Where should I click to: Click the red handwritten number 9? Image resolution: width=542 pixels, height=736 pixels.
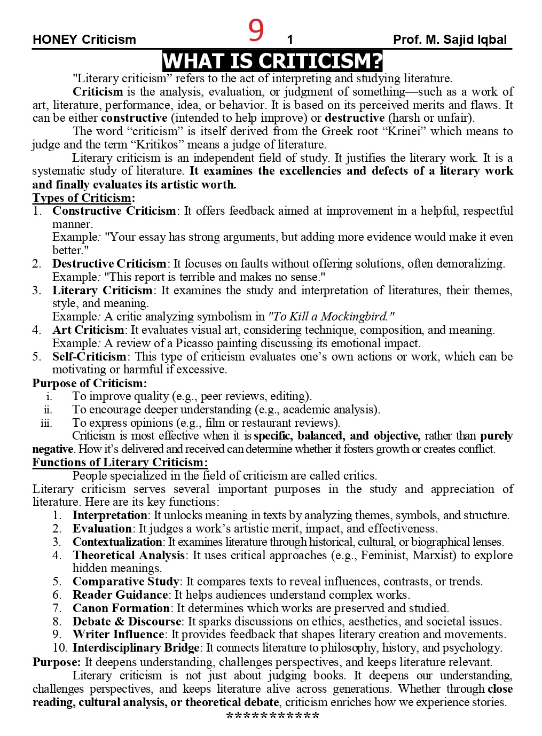(x=256, y=31)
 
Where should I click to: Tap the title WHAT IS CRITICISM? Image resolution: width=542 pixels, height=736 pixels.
(x=272, y=61)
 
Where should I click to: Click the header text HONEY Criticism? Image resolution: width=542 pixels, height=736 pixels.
(x=84, y=40)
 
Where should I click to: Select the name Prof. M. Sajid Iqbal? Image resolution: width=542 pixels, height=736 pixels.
(x=450, y=40)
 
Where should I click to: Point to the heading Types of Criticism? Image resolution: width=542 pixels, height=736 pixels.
(x=83, y=198)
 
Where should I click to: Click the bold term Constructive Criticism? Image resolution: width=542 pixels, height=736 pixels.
(x=114, y=211)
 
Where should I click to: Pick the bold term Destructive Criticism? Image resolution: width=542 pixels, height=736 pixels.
(x=109, y=264)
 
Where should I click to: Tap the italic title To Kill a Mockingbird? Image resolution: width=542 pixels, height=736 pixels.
(x=331, y=316)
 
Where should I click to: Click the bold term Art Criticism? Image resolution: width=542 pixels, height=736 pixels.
(x=88, y=330)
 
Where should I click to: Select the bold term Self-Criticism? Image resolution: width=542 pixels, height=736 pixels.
(x=89, y=356)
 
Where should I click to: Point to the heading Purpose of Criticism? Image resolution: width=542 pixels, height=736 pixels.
(x=89, y=383)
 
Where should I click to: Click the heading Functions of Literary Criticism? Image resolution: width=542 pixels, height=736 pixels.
(x=120, y=463)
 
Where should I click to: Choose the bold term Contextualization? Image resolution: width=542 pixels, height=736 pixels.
(x=117, y=542)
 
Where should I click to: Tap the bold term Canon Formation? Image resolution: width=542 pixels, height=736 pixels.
(x=121, y=608)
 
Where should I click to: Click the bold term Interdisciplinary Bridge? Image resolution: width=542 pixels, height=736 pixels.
(x=136, y=648)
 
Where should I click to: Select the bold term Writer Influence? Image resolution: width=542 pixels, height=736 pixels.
(x=119, y=635)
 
